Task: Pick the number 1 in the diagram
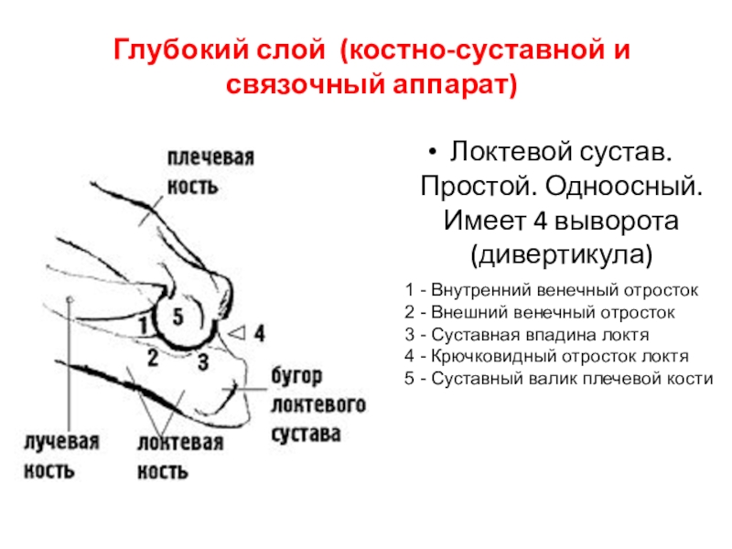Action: tap(143, 323)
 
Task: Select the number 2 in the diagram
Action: tap(154, 356)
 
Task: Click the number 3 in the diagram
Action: tap(203, 361)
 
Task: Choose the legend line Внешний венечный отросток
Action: tap(540, 312)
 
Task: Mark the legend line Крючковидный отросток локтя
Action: tap(546, 356)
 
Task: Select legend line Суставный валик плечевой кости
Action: tap(557, 378)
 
